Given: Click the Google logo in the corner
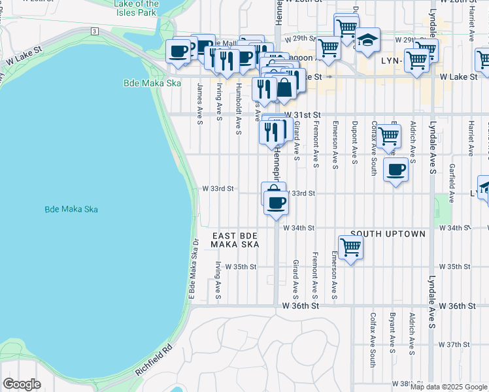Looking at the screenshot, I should pyautogui.click(x=22, y=384).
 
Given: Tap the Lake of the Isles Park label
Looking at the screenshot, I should pyautogui.click(x=135, y=8).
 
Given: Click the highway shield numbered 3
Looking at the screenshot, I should pyautogui.click(x=95, y=31).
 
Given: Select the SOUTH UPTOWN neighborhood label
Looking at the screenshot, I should pyautogui.click(x=388, y=234).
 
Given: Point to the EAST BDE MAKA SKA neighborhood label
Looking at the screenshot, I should pyautogui.click(x=235, y=239).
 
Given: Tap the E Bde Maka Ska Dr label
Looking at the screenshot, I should pyautogui.click(x=193, y=269).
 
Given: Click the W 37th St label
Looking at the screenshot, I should pyautogui.click(x=455, y=344).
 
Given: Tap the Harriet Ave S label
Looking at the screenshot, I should pyautogui.click(x=471, y=137).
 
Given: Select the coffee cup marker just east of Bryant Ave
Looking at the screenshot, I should pyautogui.click(x=396, y=170).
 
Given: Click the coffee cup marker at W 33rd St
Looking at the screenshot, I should pyautogui.click(x=276, y=203).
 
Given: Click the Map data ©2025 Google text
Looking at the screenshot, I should pyautogui.click(x=448, y=387).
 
